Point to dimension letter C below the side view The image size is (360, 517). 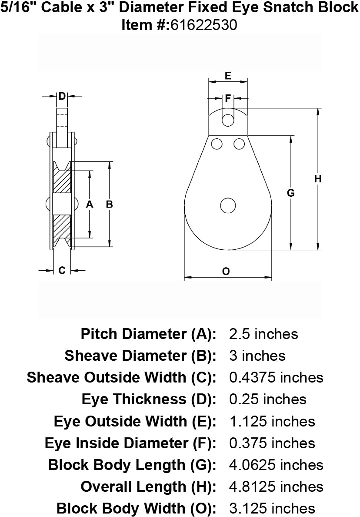(62, 270)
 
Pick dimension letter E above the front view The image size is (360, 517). (227, 75)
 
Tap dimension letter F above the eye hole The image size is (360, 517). (227, 98)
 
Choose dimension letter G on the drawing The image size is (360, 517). (291, 193)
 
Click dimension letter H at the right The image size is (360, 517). (318, 178)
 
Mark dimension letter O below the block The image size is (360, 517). (226, 271)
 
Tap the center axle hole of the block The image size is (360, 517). (227, 205)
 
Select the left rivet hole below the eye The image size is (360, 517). (217, 143)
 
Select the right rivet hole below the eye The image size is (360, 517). (239, 143)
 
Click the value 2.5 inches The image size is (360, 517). (263, 334)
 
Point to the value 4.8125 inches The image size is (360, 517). (276, 486)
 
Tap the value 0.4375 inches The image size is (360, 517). (276, 377)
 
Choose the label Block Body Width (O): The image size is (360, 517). (137, 508)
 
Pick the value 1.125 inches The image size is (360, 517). (272, 421)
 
